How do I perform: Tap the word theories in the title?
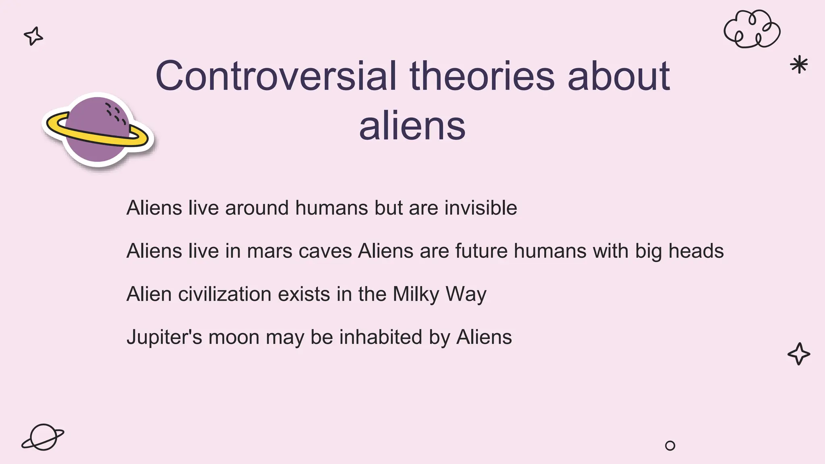(482, 76)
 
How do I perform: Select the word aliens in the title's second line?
(412, 126)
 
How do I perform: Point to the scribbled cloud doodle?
(752, 29)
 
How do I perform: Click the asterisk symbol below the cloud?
(798, 64)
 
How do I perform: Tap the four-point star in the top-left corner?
(33, 36)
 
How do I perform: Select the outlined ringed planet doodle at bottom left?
(43, 437)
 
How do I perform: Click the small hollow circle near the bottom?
(670, 445)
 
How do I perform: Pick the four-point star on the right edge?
(798, 354)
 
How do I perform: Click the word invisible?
(481, 208)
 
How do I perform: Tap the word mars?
(269, 251)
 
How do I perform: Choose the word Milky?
(415, 294)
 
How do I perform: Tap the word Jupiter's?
(164, 338)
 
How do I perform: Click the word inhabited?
(380, 338)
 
